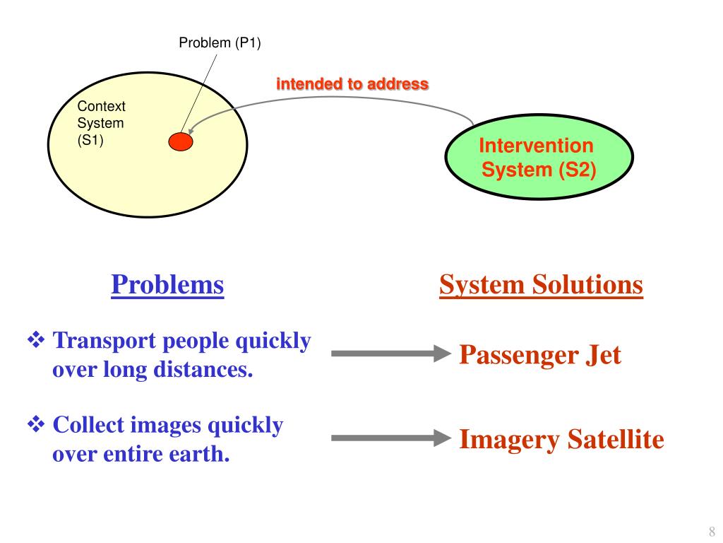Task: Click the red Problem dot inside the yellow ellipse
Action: [181, 142]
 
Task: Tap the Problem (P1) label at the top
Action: [220, 43]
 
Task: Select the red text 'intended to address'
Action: [352, 84]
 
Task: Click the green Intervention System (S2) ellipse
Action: [539, 158]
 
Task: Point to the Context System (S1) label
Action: [101, 123]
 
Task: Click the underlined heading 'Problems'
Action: [167, 285]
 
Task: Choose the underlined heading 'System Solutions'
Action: [541, 285]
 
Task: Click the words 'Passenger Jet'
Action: [540, 354]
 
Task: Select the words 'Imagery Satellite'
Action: [561, 440]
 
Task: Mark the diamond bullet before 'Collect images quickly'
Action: [36, 426]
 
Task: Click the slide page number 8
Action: [712, 532]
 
